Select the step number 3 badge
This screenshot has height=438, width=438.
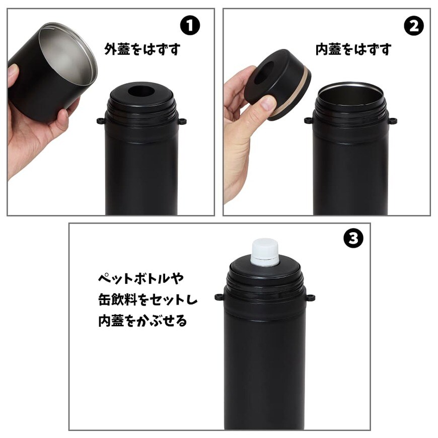click(x=353, y=239)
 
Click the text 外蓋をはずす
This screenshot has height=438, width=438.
click(x=142, y=49)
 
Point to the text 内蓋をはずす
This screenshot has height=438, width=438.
click(x=353, y=49)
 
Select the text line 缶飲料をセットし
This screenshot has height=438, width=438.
click(x=148, y=300)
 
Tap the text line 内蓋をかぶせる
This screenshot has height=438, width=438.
click(x=142, y=321)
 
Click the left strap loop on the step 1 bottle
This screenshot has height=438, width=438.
click(x=100, y=121)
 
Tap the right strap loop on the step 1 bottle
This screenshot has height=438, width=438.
click(x=182, y=121)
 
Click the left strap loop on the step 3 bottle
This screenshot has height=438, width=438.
click(x=219, y=297)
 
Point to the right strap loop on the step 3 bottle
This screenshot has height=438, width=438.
click(x=311, y=297)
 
